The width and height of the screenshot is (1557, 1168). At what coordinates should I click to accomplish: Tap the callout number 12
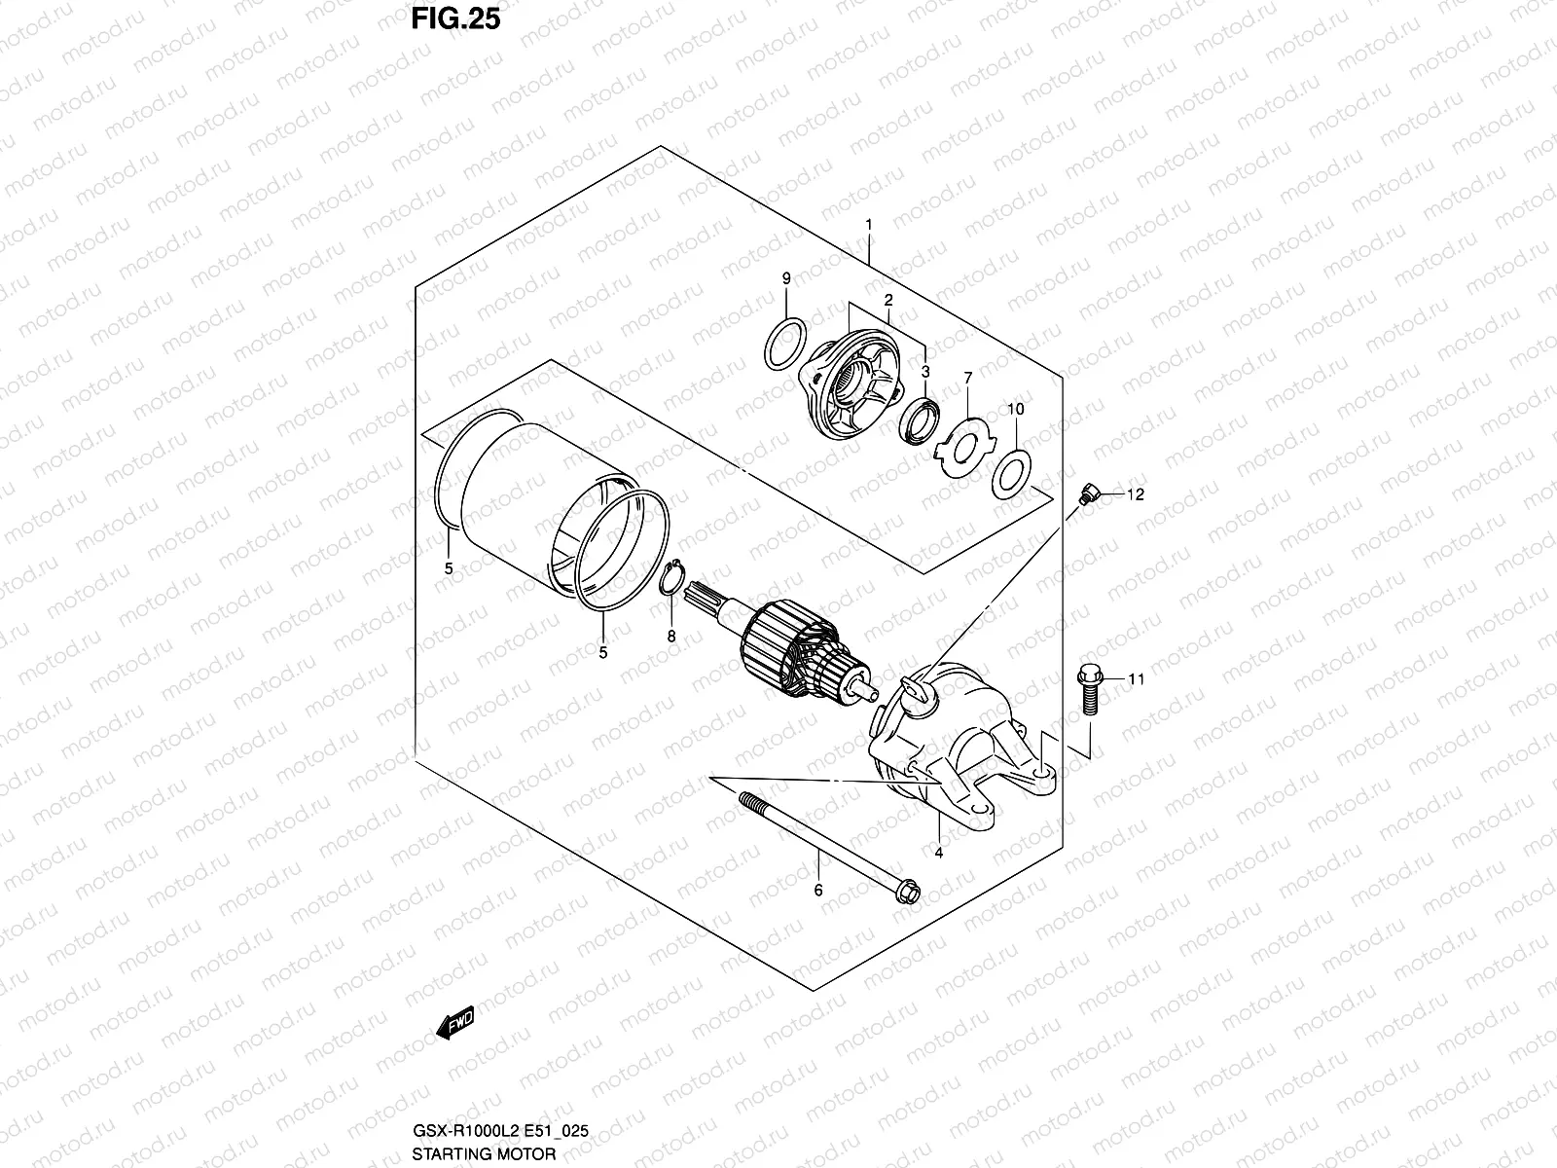(x=1136, y=494)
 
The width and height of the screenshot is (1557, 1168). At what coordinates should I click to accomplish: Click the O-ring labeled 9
(x=785, y=344)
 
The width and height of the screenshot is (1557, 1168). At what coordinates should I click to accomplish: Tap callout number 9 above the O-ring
(x=786, y=279)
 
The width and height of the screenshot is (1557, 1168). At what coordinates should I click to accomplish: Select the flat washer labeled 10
(x=1008, y=472)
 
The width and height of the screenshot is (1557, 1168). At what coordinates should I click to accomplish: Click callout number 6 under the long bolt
(x=818, y=891)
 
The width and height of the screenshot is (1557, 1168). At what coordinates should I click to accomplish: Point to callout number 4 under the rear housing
(x=939, y=853)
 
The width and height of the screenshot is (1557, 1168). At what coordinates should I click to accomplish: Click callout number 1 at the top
(x=869, y=225)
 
